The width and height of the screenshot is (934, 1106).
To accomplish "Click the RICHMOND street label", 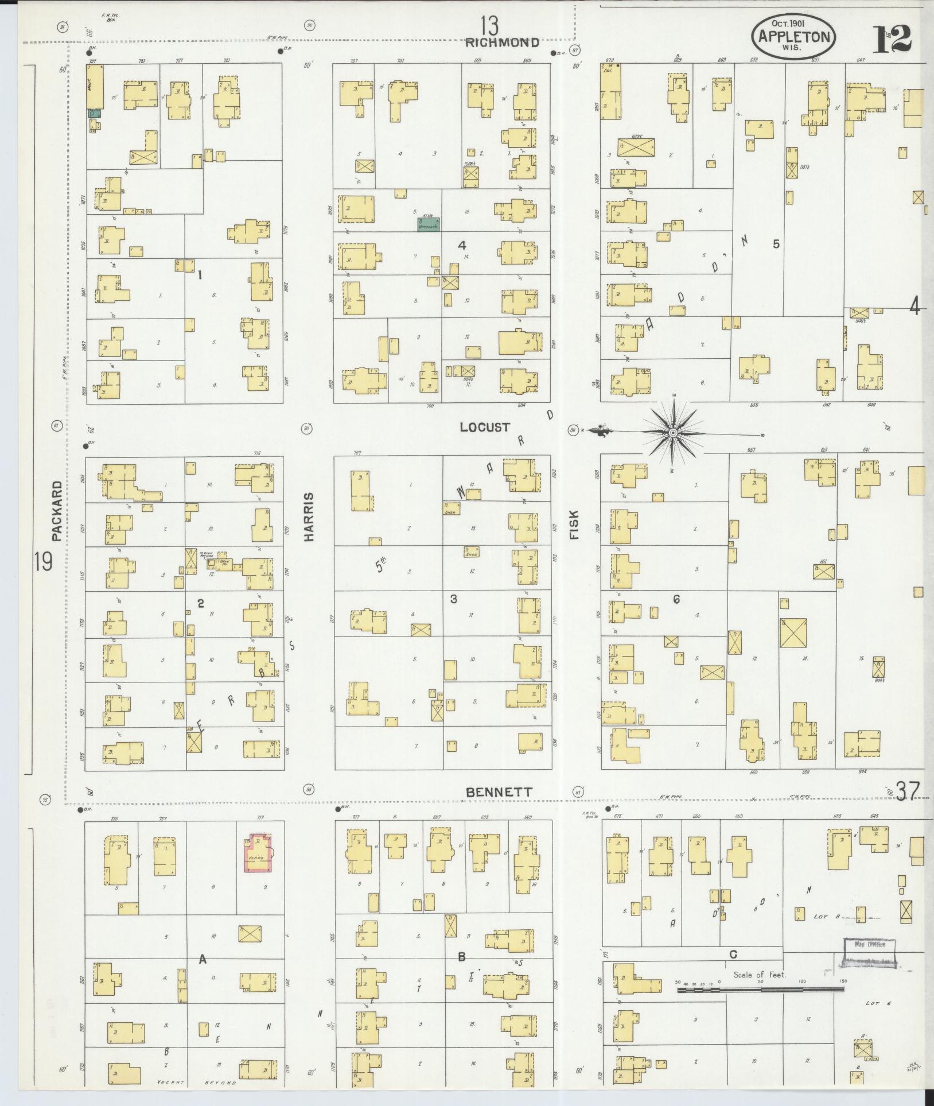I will (503, 42).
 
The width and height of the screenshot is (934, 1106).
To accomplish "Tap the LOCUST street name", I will (485, 427).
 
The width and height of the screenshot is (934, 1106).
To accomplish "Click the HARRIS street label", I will (310, 517).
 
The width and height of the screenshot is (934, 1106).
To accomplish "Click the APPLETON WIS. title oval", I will (793, 36).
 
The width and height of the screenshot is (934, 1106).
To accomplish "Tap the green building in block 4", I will (428, 224).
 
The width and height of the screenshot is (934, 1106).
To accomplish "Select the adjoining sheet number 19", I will (43, 561).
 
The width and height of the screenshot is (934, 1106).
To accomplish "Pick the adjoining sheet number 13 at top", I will (489, 26).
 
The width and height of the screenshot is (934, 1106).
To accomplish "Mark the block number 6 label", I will (676, 599).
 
